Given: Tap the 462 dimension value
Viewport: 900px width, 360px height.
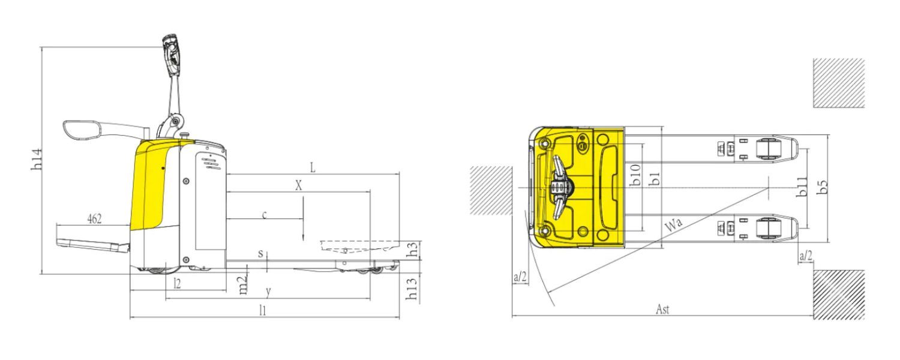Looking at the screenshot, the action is click(x=94, y=219).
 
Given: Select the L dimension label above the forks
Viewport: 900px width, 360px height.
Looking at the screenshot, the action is click(x=313, y=168).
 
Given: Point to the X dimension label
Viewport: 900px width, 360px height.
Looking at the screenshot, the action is click(x=299, y=185).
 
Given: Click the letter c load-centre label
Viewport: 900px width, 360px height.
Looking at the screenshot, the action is click(x=265, y=215).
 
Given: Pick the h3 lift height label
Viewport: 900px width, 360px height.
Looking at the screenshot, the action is click(x=413, y=250).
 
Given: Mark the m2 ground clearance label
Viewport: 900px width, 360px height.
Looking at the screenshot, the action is click(x=243, y=285).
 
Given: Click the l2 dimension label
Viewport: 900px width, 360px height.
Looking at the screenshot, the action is click(x=177, y=284).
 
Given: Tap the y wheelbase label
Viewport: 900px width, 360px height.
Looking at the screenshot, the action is click(x=268, y=291).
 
